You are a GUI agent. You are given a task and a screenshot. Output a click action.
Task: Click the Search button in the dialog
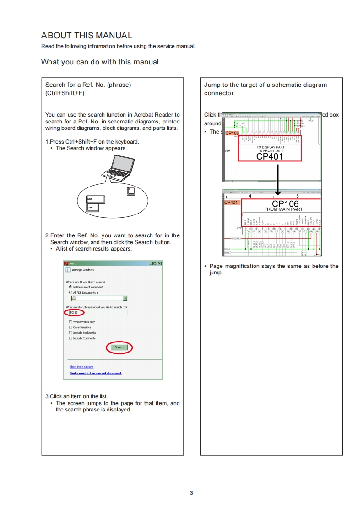pyautogui.click(x=119, y=347)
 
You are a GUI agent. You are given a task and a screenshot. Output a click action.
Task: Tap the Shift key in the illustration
pyautogui.click(x=96, y=200)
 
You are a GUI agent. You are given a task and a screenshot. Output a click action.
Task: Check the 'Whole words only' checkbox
pyautogui.click(x=70, y=322)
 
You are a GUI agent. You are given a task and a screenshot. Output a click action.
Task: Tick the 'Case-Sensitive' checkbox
pyautogui.click(x=70, y=327)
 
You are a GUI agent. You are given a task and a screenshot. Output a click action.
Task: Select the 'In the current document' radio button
pyautogui.click(x=70, y=287)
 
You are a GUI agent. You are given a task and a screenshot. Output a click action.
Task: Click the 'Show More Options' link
pyautogui.click(x=81, y=367)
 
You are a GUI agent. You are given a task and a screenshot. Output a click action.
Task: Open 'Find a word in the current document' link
pyautogui.click(x=95, y=373)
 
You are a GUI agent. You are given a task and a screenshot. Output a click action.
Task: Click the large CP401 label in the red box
pyautogui.click(x=270, y=156)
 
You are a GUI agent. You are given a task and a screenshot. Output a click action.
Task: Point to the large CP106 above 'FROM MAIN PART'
pyautogui.click(x=285, y=204)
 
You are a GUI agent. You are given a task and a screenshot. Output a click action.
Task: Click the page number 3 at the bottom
pyautogui.click(x=191, y=493)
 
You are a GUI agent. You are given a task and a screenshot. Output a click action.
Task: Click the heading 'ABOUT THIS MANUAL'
pyautogui.click(x=87, y=36)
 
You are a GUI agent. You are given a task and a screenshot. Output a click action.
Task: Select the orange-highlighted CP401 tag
pyautogui.click(x=232, y=202)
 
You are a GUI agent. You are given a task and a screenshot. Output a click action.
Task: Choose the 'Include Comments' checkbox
pyautogui.click(x=70, y=338)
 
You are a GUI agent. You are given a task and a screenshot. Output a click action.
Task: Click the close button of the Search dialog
pyautogui.click(x=159, y=263)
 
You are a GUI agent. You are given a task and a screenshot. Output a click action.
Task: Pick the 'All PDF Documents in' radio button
pyautogui.click(x=70, y=292)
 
